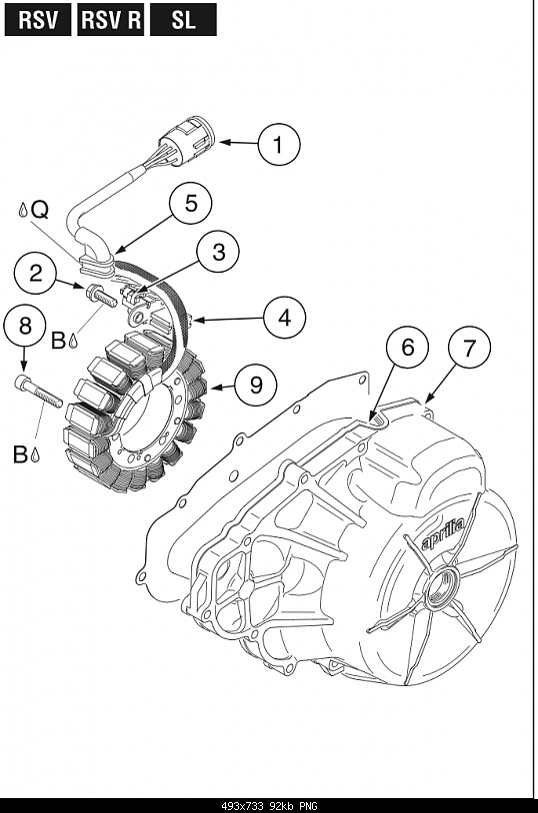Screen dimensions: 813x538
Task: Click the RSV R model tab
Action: tap(110, 20)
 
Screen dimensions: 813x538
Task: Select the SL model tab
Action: tap(183, 20)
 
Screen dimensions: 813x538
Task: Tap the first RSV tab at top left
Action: tap(38, 20)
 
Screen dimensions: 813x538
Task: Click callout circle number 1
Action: tap(279, 145)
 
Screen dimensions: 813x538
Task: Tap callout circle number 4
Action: tap(285, 319)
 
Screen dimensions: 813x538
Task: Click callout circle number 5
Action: tap(189, 203)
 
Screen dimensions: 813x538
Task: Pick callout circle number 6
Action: tap(407, 347)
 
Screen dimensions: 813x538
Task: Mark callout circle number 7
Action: tap(469, 348)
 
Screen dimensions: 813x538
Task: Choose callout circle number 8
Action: tap(25, 327)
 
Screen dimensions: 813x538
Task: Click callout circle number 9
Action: tap(256, 385)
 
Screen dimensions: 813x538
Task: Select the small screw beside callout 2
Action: tap(98, 295)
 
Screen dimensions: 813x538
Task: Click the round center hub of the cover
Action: tap(440, 586)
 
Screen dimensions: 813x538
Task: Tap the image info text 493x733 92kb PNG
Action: tap(268, 805)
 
